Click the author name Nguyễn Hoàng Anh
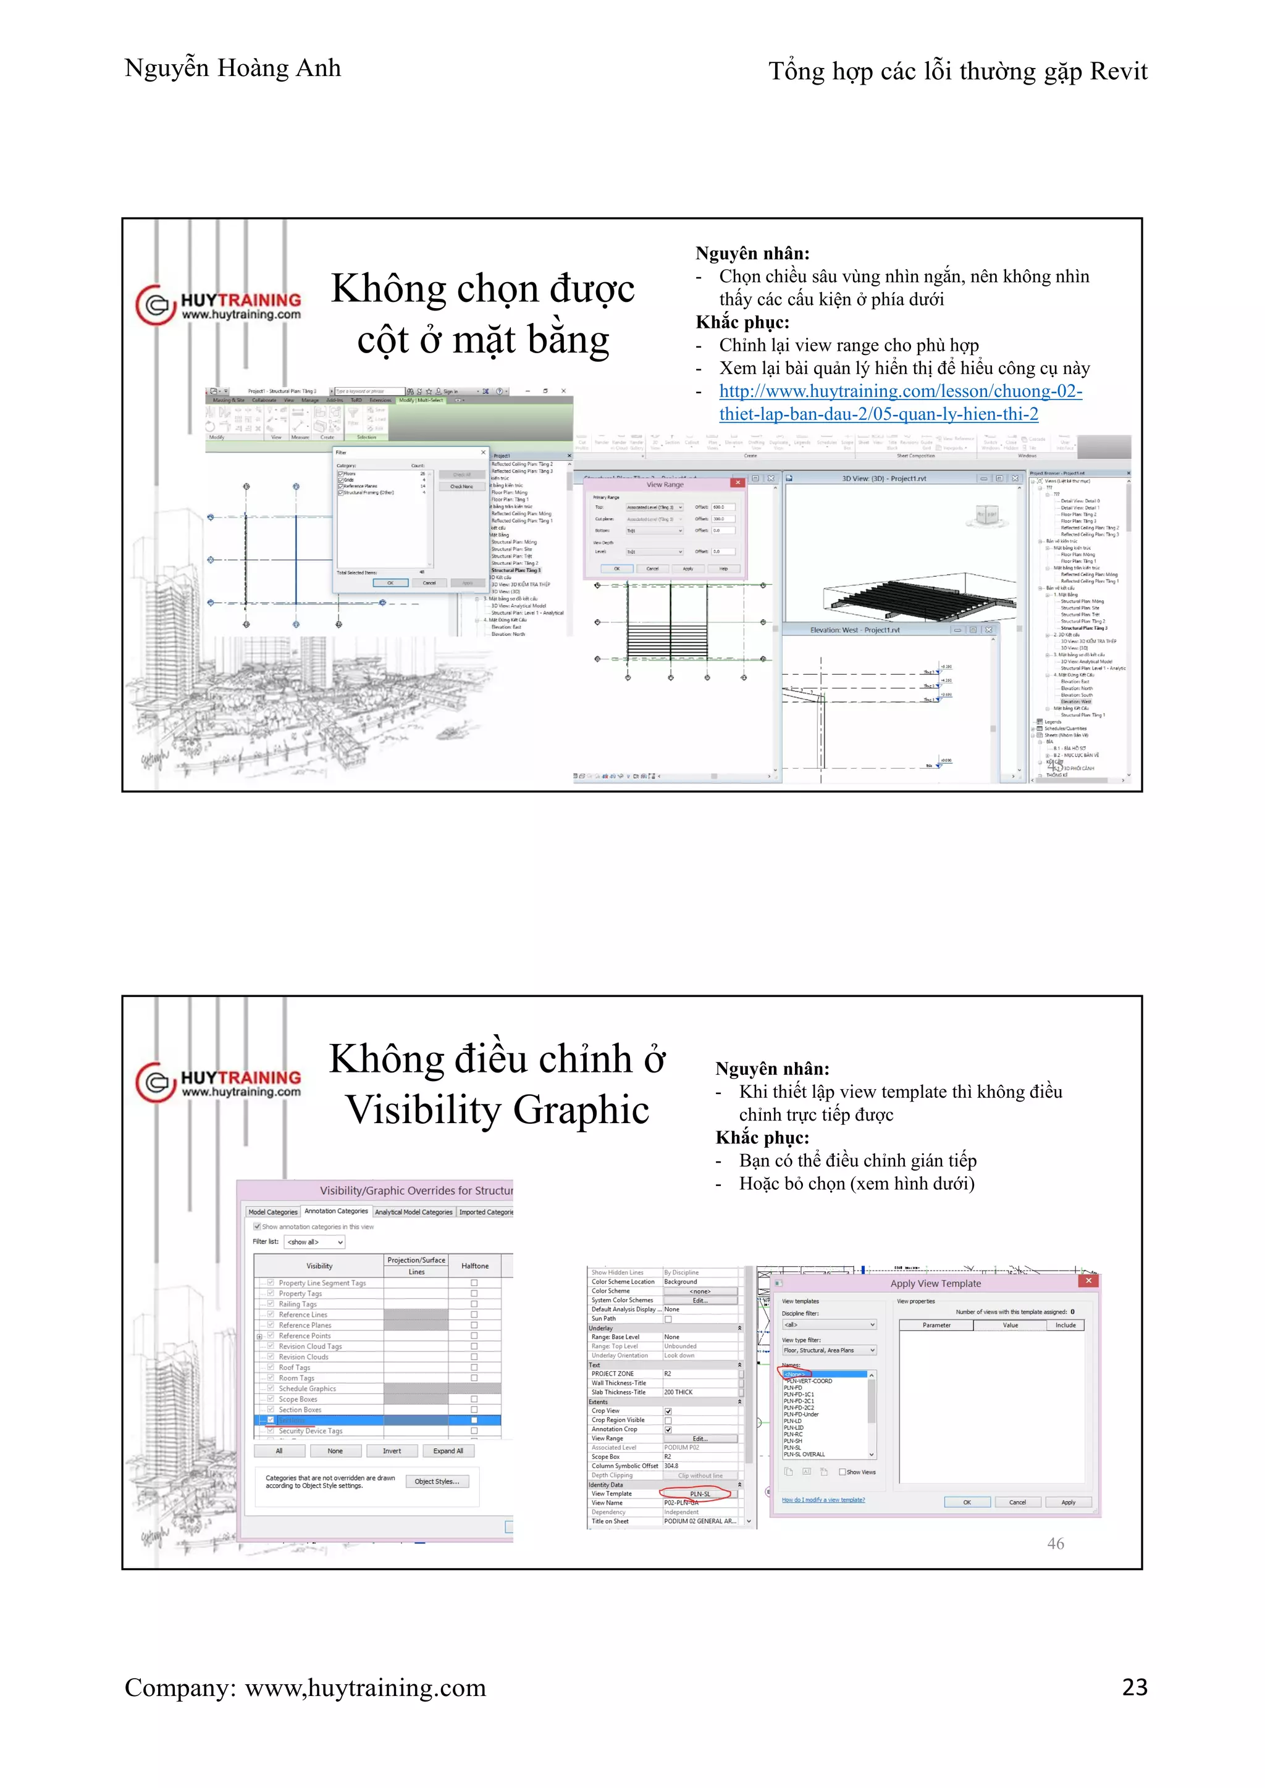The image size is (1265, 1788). pos(232,69)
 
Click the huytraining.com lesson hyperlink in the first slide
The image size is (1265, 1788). pos(900,403)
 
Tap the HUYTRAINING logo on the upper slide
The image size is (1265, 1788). pos(219,305)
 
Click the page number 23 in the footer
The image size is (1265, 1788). pos(1134,1687)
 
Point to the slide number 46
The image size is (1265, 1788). pos(1056,1544)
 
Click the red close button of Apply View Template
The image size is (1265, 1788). pos(1088,1281)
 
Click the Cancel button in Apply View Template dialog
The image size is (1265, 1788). pos(1017,1502)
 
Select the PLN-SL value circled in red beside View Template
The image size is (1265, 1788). pos(699,1493)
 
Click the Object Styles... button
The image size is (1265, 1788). pos(436,1481)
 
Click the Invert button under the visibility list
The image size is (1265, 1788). pos(392,1451)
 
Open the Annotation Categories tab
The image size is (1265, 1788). pos(336,1211)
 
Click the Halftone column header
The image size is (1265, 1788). pos(474,1266)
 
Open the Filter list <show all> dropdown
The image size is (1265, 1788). pos(314,1242)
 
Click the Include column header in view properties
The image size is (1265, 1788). pos(1065,1325)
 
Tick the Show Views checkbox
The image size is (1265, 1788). pos(842,1472)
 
